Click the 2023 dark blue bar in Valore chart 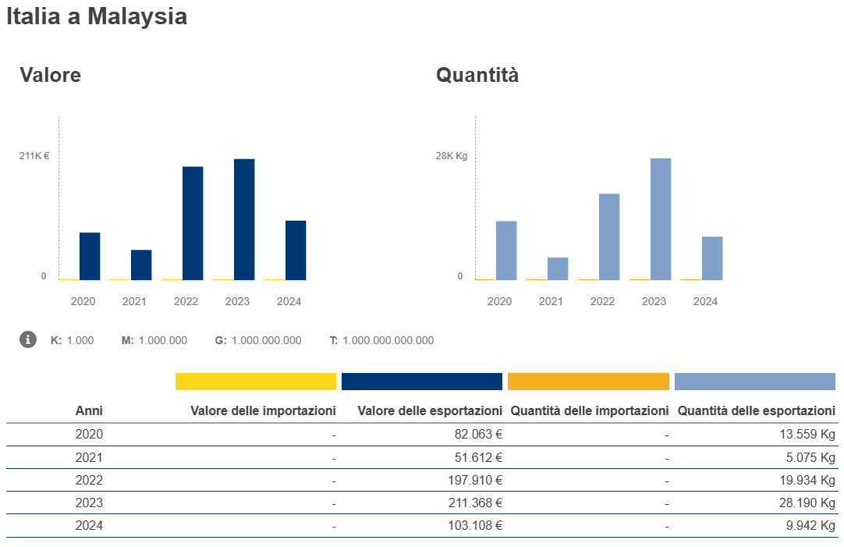click(x=244, y=219)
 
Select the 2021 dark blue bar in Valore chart click(x=141, y=265)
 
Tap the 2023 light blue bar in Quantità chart click(x=661, y=219)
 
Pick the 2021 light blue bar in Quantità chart click(x=558, y=268)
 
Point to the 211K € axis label click(x=34, y=156)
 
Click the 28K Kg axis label click(x=451, y=156)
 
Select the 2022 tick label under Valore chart click(x=186, y=301)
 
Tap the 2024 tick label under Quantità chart click(x=705, y=301)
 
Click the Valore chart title click(x=51, y=75)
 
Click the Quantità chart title click(x=477, y=75)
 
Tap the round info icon click(x=28, y=339)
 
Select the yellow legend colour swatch click(x=256, y=382)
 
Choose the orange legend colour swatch click(x=588, y=382)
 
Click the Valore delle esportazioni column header click(x=430, y=410)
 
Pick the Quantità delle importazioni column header click(x=590, y=410)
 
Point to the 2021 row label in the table click(x=89, y=457)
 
